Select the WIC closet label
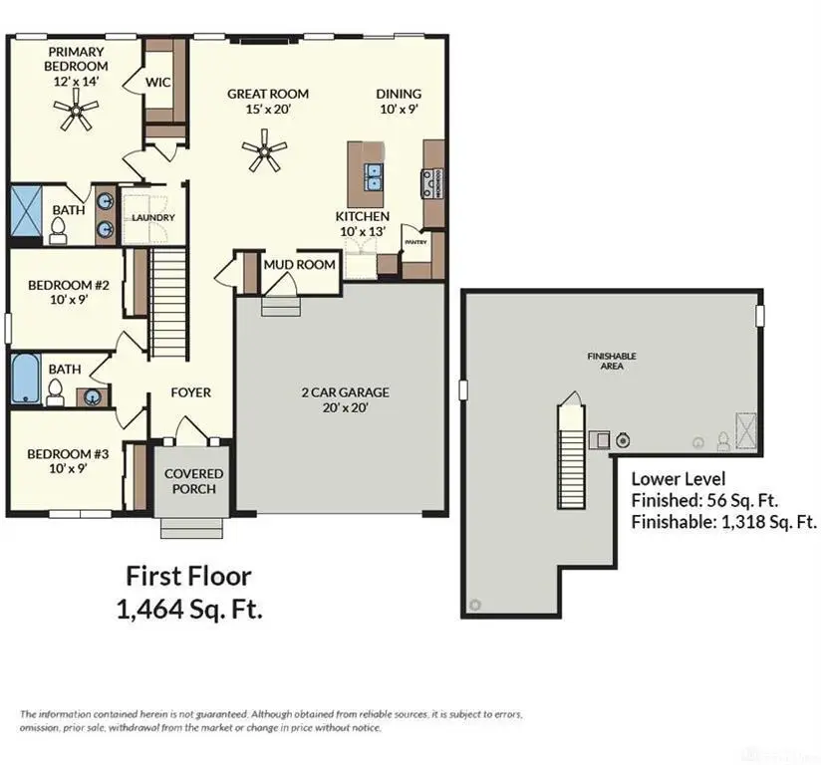(159, 82)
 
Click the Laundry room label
(153, 217)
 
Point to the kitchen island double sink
(373, 177)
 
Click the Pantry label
(414, 240)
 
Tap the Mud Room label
(298, 265)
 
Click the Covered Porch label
(193, 481)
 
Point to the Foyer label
(189, 392)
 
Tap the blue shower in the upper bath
(23, 213)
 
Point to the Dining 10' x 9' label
(399, 102)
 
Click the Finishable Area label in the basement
(611, 361)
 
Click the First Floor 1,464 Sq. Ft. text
(194, 593)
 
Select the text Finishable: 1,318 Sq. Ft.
(724, 521)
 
